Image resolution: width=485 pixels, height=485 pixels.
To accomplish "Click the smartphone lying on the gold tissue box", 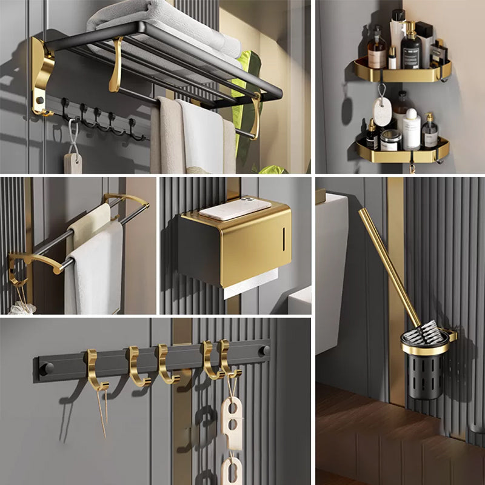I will point(235,208).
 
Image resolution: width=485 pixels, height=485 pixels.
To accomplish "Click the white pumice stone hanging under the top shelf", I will point(383,112).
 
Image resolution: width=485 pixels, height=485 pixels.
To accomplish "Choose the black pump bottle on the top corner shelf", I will point(412,52).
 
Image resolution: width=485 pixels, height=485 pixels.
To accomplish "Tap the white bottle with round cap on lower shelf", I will point(412,130).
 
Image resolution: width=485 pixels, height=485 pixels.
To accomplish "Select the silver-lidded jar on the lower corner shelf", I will point(389,140).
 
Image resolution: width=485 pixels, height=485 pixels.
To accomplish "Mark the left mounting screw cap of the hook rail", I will point(48,368).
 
